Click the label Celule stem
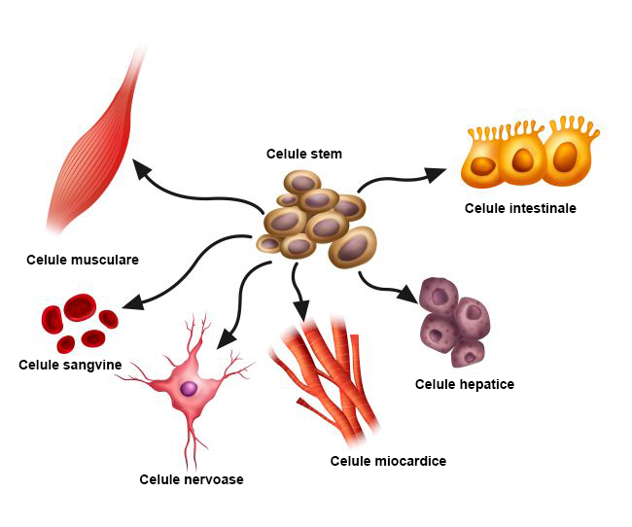pos(303,154)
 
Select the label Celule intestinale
pos(520,208)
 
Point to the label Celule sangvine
pos(70,365)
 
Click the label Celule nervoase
pos(192,479)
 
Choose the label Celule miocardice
pos(388,461)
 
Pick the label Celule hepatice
pos(465,384)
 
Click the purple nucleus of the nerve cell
pos(190,388)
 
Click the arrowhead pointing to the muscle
pos(143,170)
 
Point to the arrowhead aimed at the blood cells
pos(133,302)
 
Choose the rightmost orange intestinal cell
pos(569,156)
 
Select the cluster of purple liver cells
pos(453,320)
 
